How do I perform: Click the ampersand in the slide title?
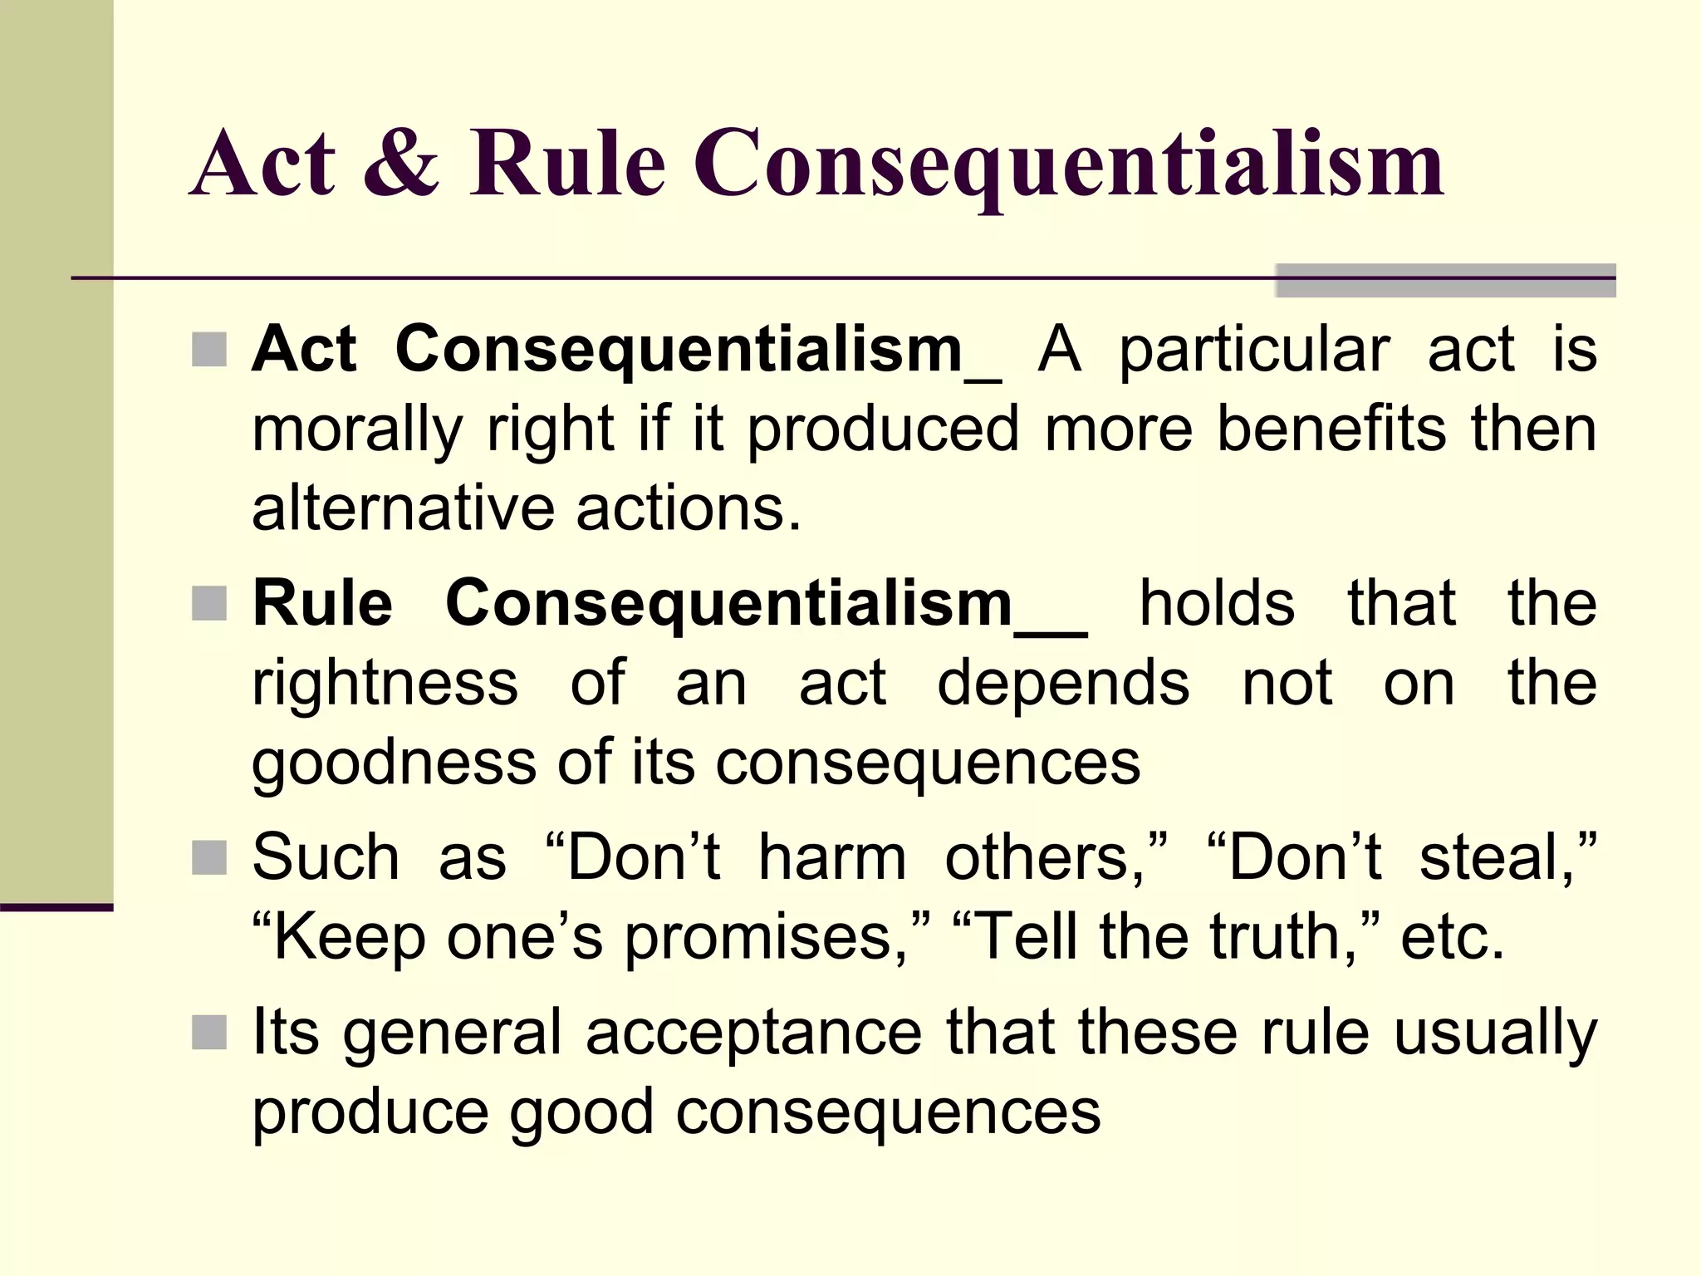(x=401, y=163)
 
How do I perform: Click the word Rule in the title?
(x=568, y=163)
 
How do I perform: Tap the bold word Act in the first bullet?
(x=304, y=350)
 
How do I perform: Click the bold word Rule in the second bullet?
(x=322, y=603)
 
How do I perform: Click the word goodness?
(x=394, y=764)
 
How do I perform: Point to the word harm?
(x=832, y=858)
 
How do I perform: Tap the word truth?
(x=1283, y=937)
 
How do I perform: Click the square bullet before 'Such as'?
(x=209, y=858)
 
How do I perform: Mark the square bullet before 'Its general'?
(x=209, y=1033)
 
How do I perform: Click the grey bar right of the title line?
(x=1445, y=281)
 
